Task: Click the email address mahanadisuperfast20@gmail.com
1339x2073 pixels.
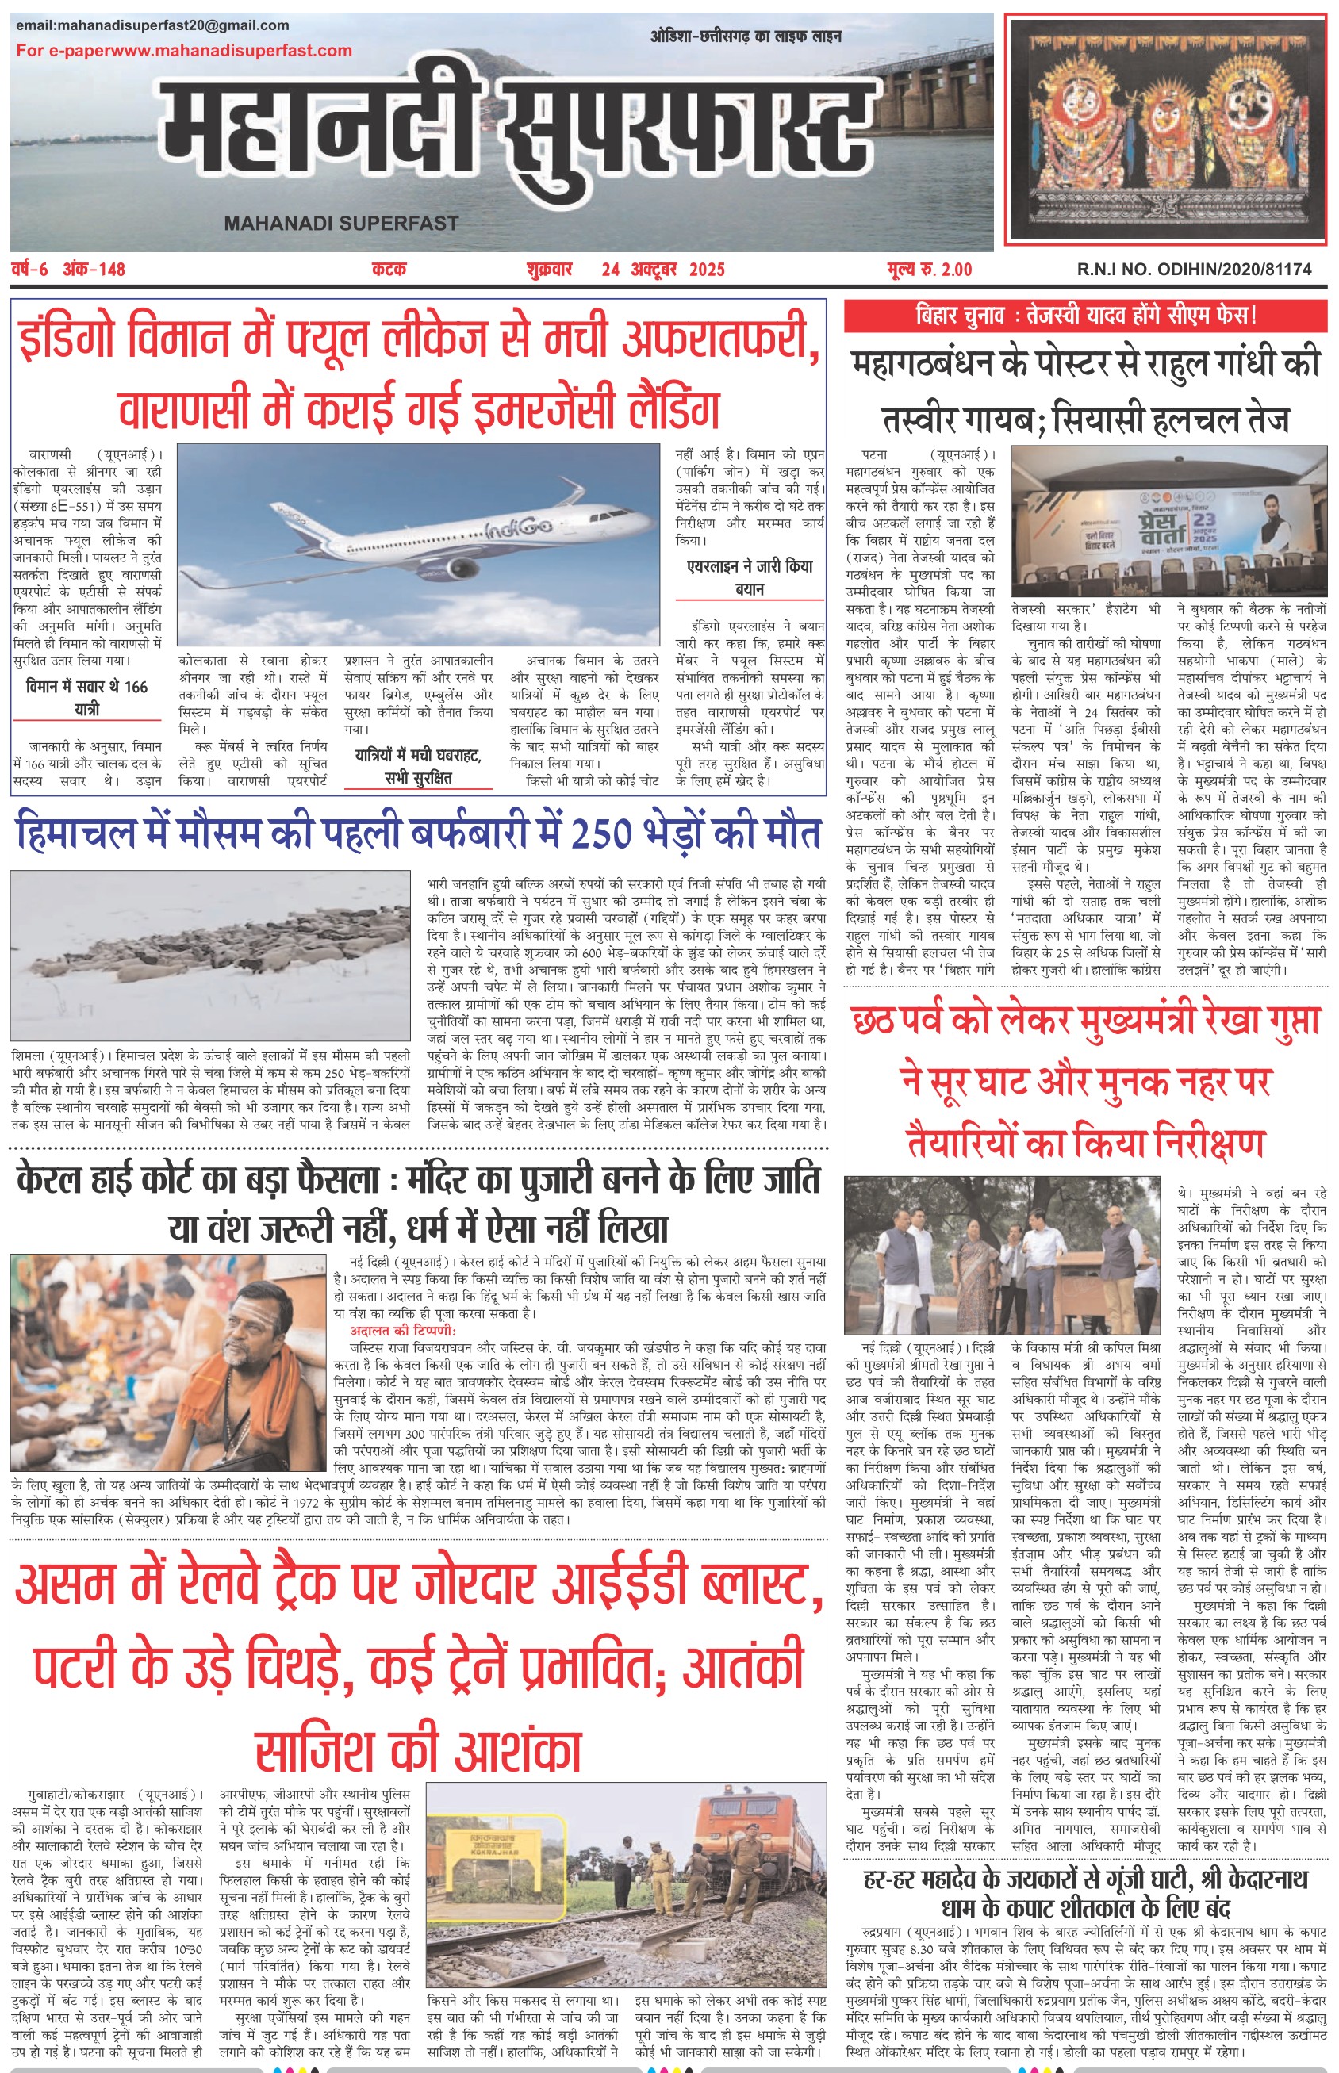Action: click(152, 25)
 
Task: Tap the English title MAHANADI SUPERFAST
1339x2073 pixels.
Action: click(341, 224)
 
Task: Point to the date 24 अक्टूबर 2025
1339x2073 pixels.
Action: click(662, 270)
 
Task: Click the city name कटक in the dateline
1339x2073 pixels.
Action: click(389, 270)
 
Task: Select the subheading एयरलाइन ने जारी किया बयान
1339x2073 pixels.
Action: click(750, 577)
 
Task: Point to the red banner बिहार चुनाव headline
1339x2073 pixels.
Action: click(1085, 316)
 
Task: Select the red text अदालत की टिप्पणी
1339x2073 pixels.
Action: click(402, 1331)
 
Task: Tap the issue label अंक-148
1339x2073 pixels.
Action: click(94, 270)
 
